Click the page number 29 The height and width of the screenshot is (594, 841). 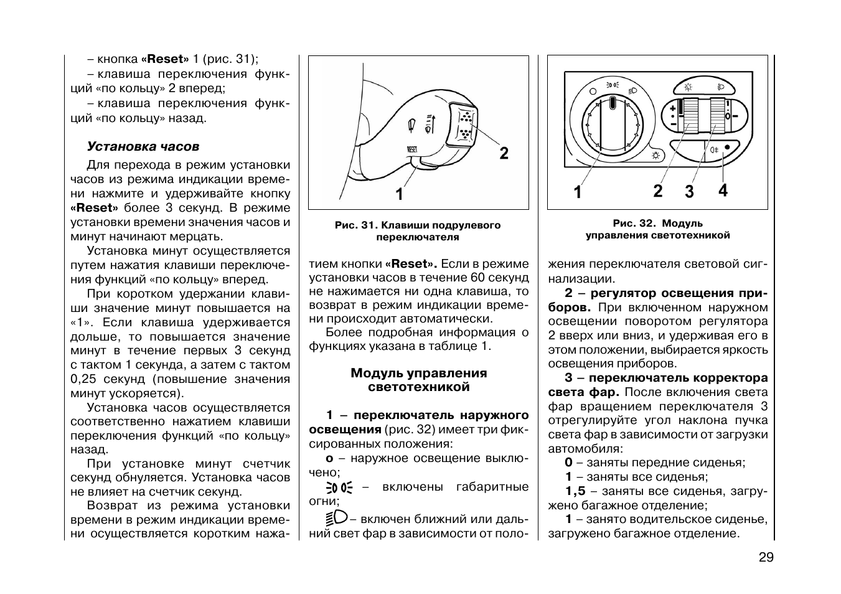pos(766,558)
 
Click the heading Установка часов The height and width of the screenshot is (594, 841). pos(143,147)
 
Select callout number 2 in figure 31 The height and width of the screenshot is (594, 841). pos(504,153)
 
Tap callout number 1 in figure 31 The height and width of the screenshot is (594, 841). pos(399,195)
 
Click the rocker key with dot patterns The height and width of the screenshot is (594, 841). pos(464,125)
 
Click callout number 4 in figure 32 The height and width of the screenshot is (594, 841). pos(722,191)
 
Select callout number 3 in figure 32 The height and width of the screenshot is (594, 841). pos(689,192)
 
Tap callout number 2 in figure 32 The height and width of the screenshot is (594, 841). pos(658,191)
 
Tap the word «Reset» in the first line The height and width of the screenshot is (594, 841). pos(165,60)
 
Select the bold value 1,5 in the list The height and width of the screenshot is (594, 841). pos(575,491)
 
